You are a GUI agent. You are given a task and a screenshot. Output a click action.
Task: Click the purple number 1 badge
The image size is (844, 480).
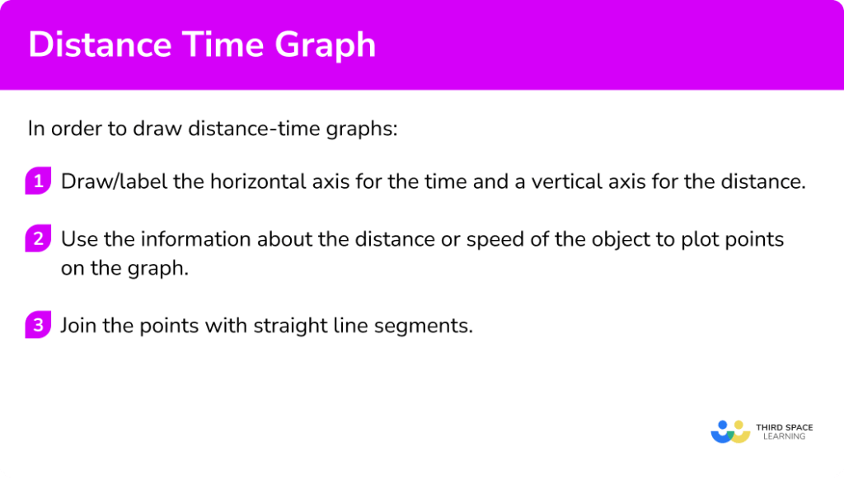point(38,181)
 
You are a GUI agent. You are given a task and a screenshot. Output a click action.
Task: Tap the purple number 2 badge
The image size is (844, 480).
point(38,240)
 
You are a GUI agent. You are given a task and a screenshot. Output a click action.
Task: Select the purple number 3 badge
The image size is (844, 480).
point(38,325)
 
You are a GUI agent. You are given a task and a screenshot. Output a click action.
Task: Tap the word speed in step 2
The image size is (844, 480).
point(491,240)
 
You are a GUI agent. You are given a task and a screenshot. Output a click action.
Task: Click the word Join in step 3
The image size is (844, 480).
point(79,325)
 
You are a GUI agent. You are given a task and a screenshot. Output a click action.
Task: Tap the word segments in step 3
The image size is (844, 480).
point(432,325)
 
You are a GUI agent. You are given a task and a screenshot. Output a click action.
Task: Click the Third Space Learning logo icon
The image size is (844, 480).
point(729,431)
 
